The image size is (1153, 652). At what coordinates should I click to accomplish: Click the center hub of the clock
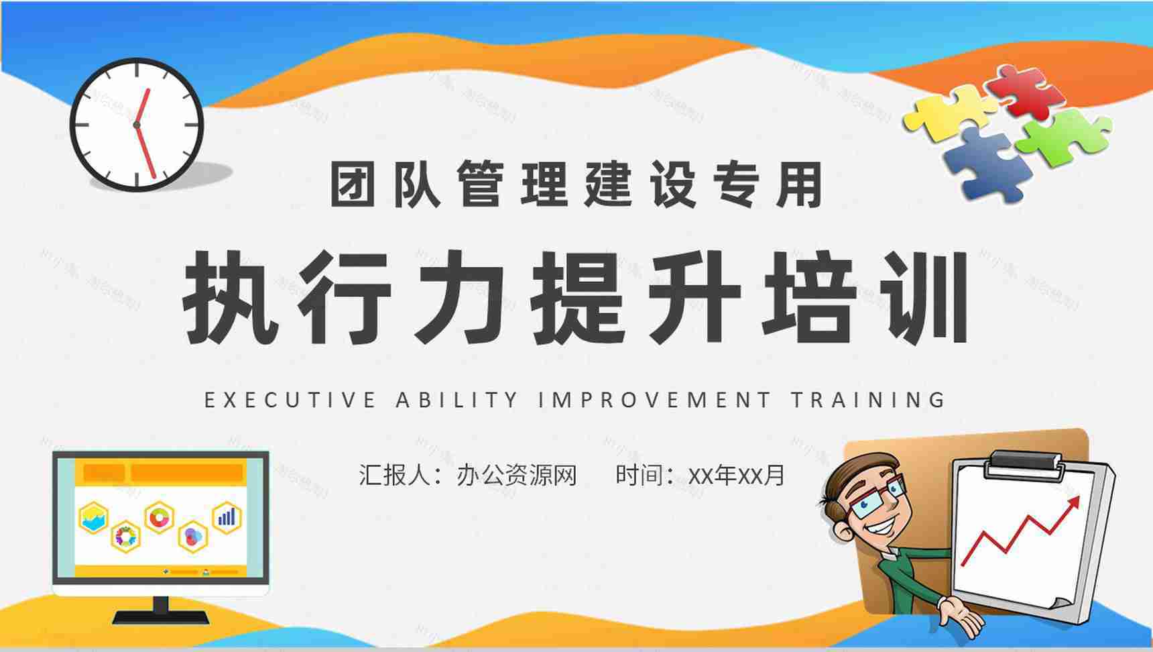tap(137, 125)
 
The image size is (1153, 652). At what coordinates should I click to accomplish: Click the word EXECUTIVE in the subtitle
tap(290, 400)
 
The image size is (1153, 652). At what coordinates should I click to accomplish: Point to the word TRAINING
tap(868, 400)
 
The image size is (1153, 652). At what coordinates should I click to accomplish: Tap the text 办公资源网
tap(517, 476)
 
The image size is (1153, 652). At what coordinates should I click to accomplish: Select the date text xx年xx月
tap(736, 476)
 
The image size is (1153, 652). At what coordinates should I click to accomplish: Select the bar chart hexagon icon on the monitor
tap(227, 517)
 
